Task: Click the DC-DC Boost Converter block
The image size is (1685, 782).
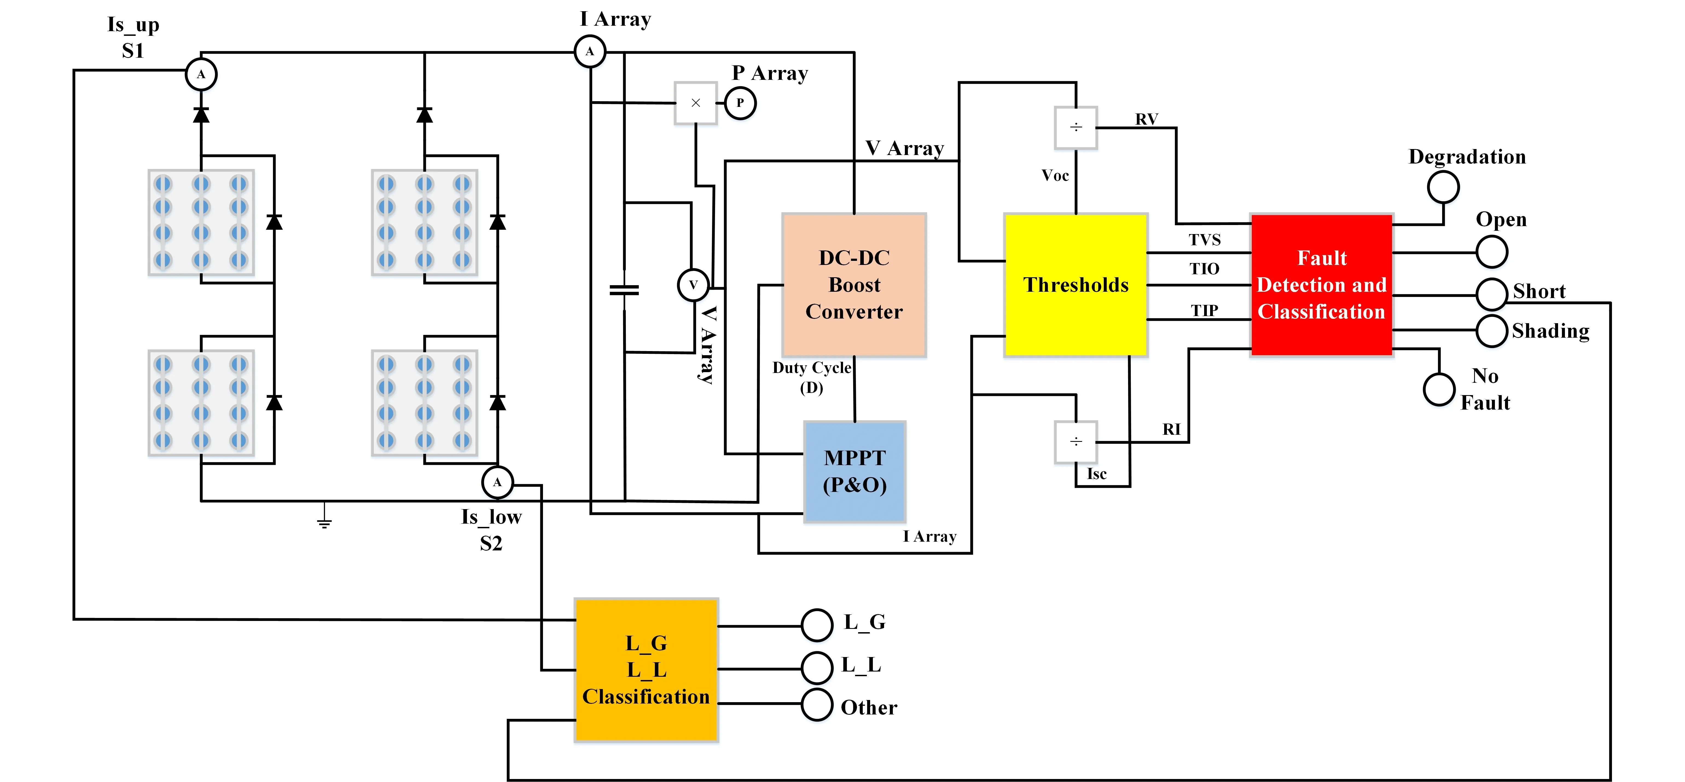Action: pyautogui.click(x=854, y=284)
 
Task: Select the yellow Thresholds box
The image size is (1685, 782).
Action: pyautogui.click(x=1075, y=284)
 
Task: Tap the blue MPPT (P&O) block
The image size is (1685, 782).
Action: pyautogui.click(x=854, y=471)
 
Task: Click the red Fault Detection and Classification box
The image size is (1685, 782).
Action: pyautogui.click(x=1321, y=284)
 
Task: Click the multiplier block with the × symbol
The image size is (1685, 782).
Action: pyautogui.click(x=695, y=103)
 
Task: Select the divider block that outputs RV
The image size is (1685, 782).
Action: pyautogui.click(x=1075, y=127)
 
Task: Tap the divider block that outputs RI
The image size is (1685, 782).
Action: pyautogui.click(x=1075, y=442)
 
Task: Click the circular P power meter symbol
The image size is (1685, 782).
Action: pyautogui.click(x=740, y=103)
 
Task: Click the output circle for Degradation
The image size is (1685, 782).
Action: pyautogui.click(x=1443, y=187)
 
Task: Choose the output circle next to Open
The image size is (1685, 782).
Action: pyautogui.click(x=1491, y=252)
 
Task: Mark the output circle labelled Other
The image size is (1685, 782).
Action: pyautogui.click(x=816, y=704)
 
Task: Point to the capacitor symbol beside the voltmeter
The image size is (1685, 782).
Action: pyautogui.click(x=624, y=290)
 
